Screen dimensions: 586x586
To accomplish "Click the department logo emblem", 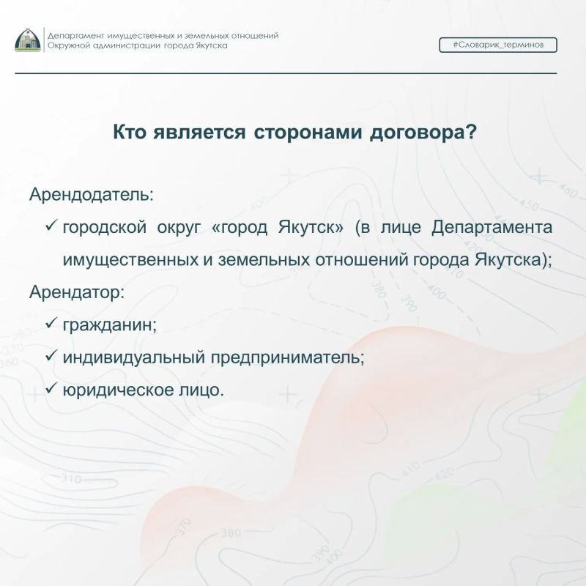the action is tap(28, 40).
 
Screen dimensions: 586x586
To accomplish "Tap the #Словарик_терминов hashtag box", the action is tap(498, 45).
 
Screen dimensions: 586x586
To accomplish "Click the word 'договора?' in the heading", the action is tap(423, 133).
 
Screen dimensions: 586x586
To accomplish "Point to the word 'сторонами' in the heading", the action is tap(308, 133).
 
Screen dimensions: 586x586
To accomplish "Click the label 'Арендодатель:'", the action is tap(92, 194).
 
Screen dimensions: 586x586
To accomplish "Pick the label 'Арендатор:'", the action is tap(77, 292).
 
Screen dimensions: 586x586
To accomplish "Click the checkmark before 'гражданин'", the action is tap(51, 323).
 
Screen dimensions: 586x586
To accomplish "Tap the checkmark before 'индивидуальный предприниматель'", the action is tap(51, 355).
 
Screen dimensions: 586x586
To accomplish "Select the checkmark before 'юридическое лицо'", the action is tap(51, 388).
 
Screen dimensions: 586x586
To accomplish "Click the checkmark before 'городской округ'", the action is tap(51, 226).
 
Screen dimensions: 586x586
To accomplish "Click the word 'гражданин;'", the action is tap(109, 325).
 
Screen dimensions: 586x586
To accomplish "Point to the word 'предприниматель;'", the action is tap(287, 357).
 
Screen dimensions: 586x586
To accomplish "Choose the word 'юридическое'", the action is tap(119, 390).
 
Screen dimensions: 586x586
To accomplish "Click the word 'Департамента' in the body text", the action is tap(492, 228).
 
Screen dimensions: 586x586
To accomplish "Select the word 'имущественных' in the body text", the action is tap(130, 260).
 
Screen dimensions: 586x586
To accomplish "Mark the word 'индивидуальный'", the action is tap(134, 357).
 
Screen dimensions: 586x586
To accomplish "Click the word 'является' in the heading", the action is tap(199, 133).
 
